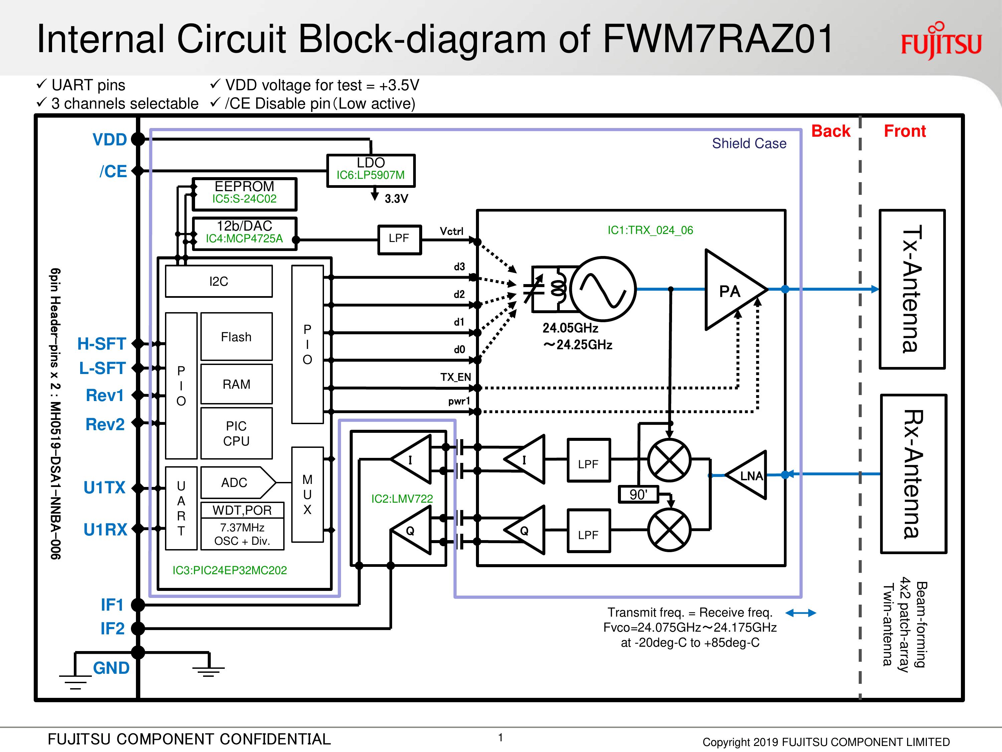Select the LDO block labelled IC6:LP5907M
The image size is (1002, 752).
370,170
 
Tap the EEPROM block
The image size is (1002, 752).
244,194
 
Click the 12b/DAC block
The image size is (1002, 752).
244,233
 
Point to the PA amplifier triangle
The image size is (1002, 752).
731,290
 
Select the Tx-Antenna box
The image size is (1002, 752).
912,289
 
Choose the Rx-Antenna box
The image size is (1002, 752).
913,474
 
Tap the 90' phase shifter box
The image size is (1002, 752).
638,494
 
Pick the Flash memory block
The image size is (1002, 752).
236,337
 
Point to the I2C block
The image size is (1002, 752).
219,281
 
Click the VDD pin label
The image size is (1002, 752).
110,139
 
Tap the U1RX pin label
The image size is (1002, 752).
106,529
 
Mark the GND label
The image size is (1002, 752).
111,668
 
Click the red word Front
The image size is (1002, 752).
904,131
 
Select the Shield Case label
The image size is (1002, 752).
749,143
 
